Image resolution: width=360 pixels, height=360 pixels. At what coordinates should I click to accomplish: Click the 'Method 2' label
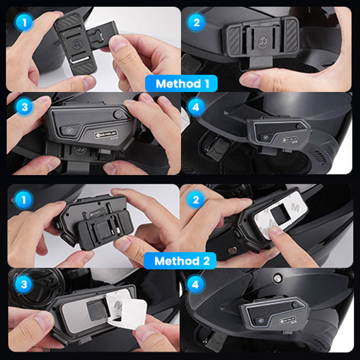coord(180,261)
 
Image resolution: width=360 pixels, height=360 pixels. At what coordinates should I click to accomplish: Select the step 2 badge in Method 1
coord(196,22)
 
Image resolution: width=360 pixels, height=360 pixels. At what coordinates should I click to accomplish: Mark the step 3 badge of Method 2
coord(22,284)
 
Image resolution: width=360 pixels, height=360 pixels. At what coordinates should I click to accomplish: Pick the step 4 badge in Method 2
coord(196,284)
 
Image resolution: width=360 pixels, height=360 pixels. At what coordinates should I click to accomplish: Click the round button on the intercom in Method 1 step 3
coord(118,115)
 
